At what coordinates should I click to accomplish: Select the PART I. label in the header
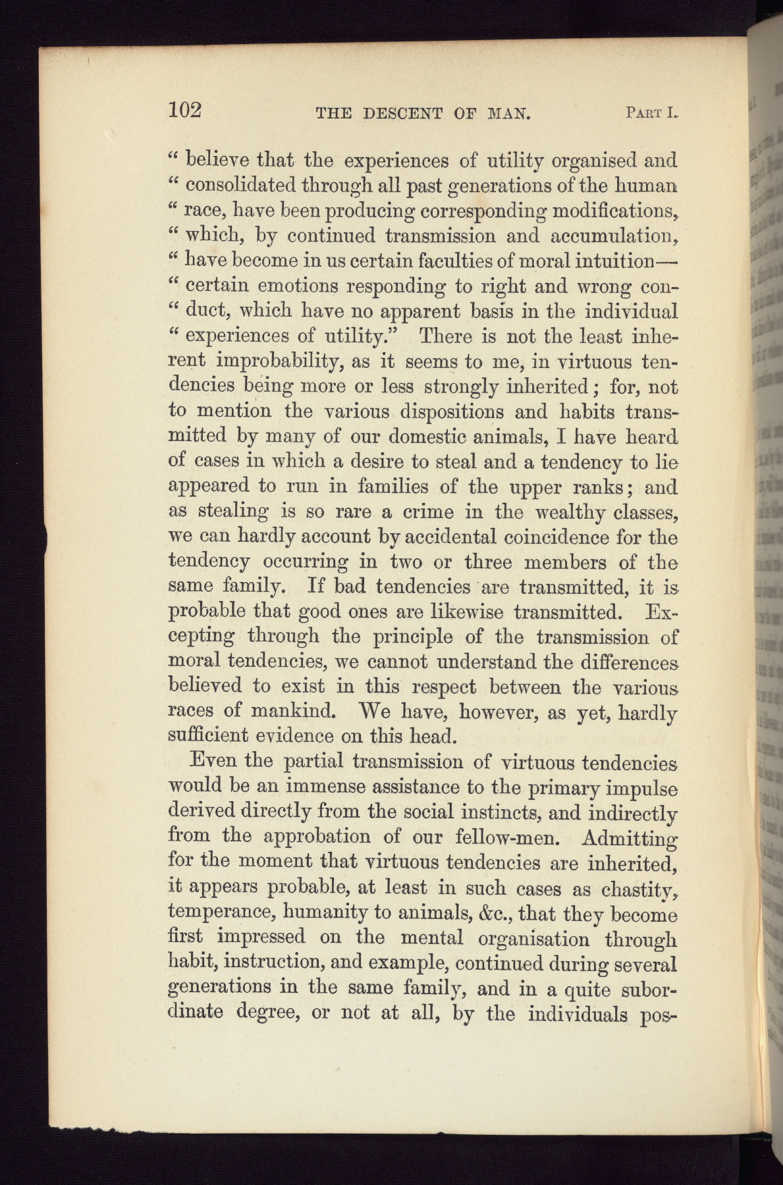(x=651, y=113)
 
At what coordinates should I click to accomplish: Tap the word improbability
(x=286, y=362)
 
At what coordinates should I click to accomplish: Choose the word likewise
(x=466, y=612)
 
